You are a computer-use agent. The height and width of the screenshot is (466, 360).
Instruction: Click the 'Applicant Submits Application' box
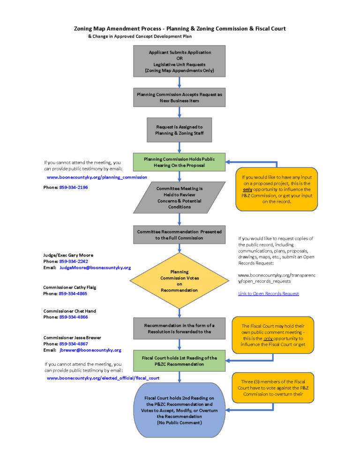pyautogui.click(x=180, y=61)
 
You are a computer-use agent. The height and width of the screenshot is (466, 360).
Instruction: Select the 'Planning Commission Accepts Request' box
pyautogui.click(x=180, y=98)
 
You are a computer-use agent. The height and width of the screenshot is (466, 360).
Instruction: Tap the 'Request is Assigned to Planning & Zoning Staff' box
pyautogui.click(x=180, y=130)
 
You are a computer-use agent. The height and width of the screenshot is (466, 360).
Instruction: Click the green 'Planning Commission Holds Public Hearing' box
pyautogui.click(x=180, y=162)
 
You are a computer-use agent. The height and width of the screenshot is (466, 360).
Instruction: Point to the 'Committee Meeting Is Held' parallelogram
pyautogui.click(x=180, y=197)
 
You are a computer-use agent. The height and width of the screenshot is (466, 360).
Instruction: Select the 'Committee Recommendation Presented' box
pyautogui.click(x=180, y=234)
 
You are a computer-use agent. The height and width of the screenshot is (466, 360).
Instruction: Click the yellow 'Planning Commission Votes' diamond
pyautogui.click(x=180, y=281)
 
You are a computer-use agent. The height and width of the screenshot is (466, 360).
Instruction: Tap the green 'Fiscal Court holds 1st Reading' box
pyautogui.click(x=180, y=361)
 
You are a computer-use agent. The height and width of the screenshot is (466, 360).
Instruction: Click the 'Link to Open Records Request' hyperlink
pyautogui.click(x=268, y=293)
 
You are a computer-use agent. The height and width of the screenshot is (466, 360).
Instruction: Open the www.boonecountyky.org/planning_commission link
pyautogui.click(x=97, y=178)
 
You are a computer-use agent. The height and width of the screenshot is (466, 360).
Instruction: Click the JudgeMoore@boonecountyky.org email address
pyautogui.click(x=95, y=268)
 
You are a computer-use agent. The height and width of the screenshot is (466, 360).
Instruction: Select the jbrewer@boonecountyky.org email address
pyautogui.click(x=90, y=350)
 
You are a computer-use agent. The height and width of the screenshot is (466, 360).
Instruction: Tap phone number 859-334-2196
pyautogui.click(x=74, y=187)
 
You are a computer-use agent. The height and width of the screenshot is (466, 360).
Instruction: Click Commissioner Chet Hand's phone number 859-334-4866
pyautogui.click(x=74, y=317)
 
